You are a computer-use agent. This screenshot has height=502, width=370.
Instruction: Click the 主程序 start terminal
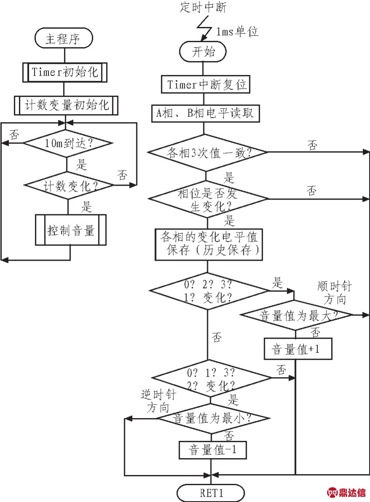pos(64,38)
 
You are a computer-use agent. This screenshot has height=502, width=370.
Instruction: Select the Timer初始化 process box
pos(65,72)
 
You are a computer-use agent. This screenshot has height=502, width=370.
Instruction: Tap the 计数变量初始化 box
pos(66,105)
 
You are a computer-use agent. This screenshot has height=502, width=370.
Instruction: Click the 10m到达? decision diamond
pos(68,143)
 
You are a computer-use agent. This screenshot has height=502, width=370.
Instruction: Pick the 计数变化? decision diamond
pos(69,185)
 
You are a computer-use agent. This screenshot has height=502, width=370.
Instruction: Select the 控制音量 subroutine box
pos(70,230)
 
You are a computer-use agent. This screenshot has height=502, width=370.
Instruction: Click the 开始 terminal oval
pos(203,51)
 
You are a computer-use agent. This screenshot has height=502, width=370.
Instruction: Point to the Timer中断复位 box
pos(205,84)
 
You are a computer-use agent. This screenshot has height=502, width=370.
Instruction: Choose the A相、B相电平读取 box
pos(205,113)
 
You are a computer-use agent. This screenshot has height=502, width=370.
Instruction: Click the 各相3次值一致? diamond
pos(207,152)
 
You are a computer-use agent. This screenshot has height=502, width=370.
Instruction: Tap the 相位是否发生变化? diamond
pos(208,199)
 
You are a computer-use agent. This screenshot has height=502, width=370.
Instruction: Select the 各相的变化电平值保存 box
pos(209,244)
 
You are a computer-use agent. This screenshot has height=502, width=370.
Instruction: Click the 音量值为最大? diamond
pos(296,315)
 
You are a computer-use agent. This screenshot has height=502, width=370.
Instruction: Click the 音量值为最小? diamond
pos(212,418)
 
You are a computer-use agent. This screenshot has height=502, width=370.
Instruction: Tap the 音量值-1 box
pos(213,450)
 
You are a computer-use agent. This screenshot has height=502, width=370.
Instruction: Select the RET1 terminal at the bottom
pos(210,493)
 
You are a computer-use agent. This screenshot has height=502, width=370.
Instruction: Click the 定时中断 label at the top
pos(203,7)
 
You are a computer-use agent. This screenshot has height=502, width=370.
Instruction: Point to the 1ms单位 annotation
pos(237,31)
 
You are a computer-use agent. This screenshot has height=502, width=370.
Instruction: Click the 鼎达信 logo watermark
pos(346,492)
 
